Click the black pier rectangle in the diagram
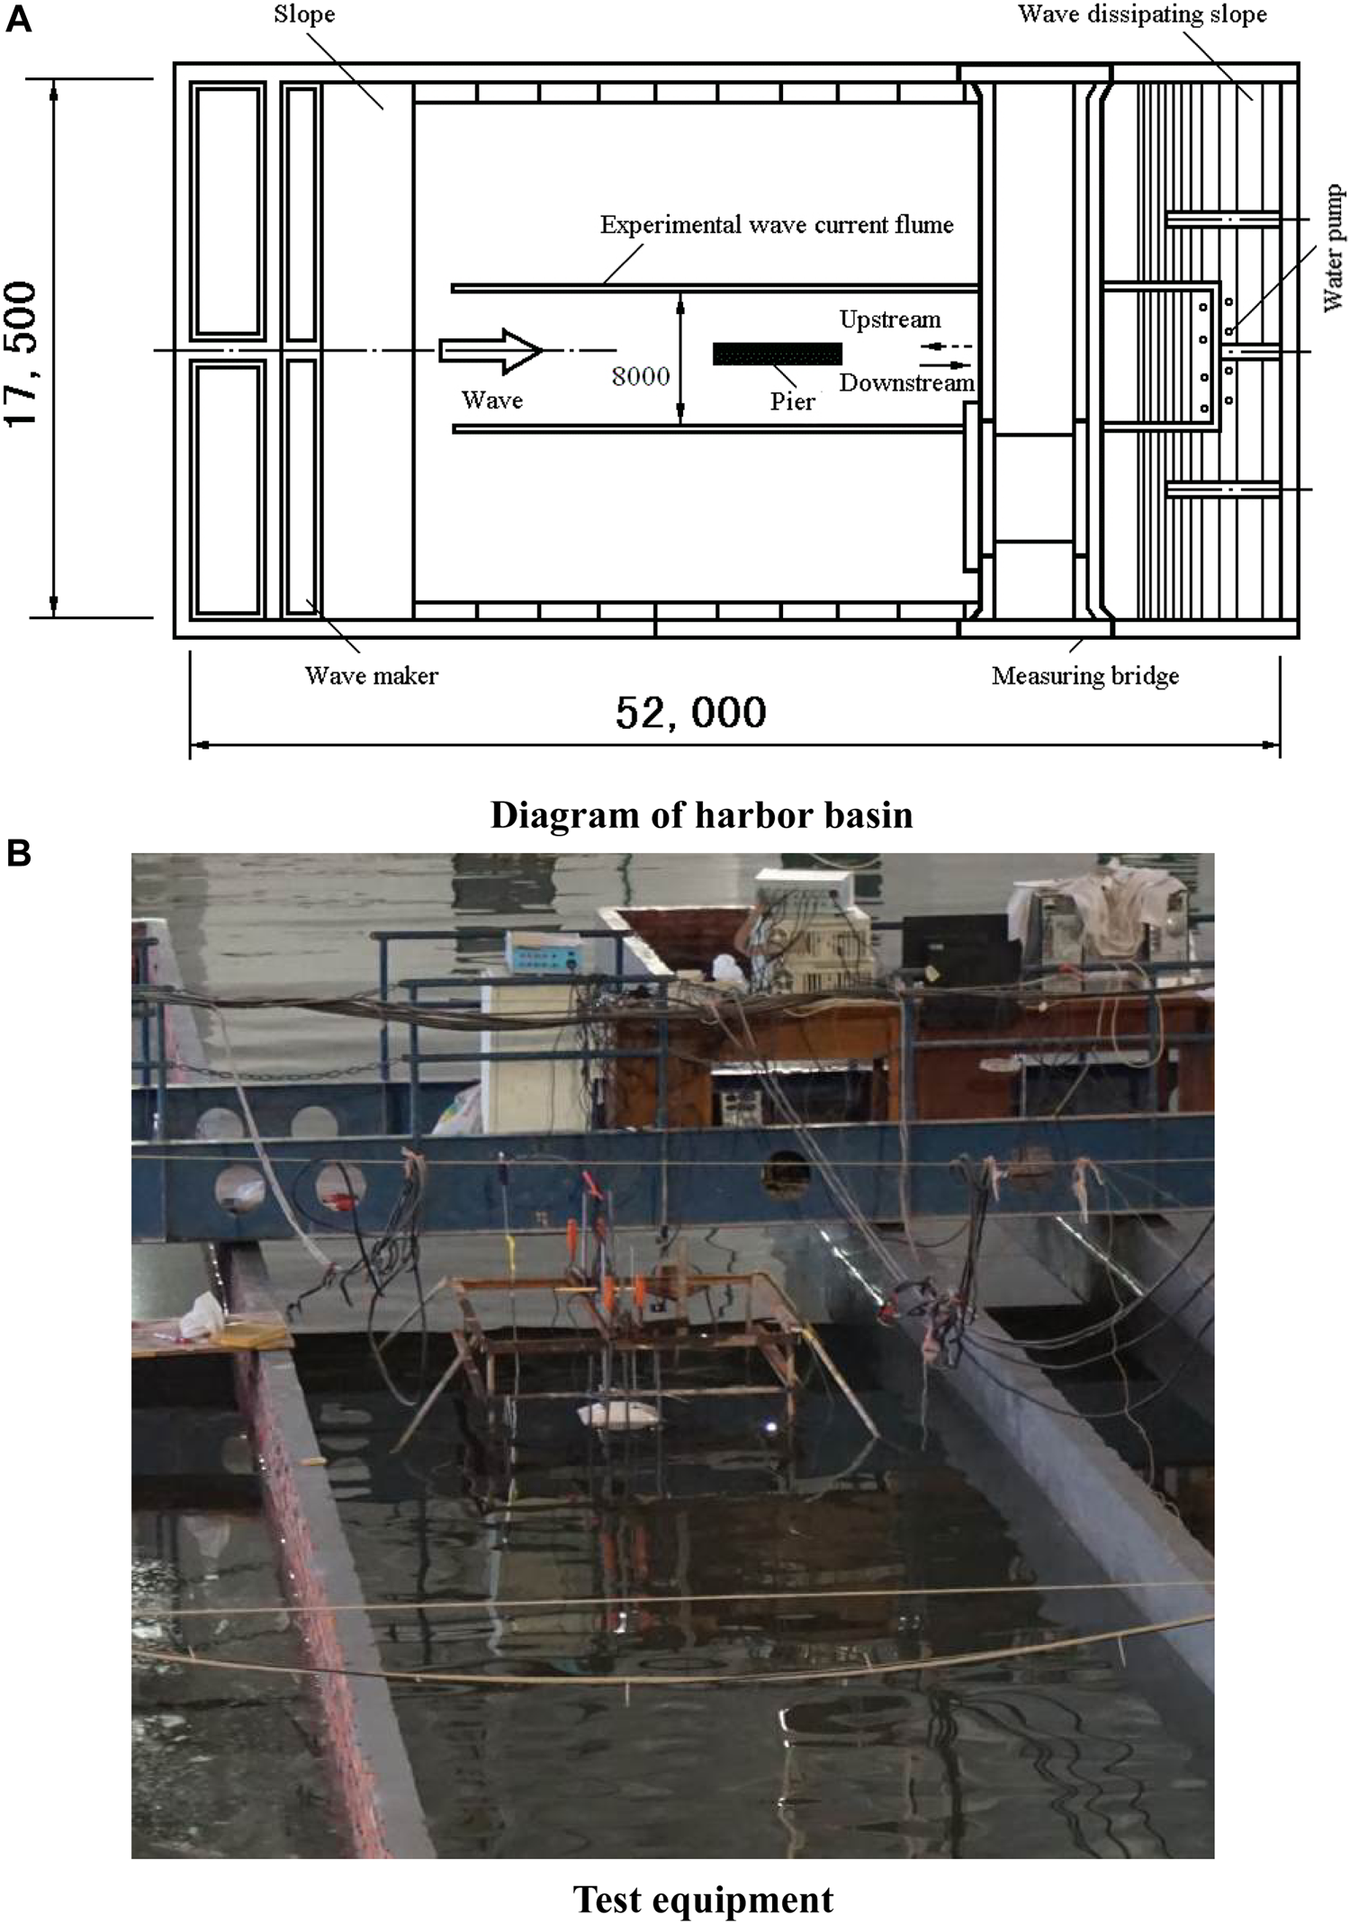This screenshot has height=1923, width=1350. (x=778, y=354)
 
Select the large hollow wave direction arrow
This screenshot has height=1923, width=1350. (x=490, y=351)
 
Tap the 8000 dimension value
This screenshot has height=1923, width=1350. (x=641, y=376)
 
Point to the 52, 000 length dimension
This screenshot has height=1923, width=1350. (x=691, y=712)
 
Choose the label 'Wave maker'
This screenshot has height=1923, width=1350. (x=371, y=675)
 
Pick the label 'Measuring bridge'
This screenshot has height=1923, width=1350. (x=1085, y=676)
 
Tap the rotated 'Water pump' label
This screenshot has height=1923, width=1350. (x=1334, y=248)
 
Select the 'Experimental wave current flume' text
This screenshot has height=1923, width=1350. (x=777, y=224)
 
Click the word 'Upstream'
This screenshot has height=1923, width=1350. (x=890, y=319)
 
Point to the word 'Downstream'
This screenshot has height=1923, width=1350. (x=907, y=382)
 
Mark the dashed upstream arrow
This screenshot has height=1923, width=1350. (x=945, y=346)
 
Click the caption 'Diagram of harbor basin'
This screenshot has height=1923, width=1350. (x=701, y=815)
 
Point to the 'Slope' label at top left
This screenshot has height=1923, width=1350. (x=304, y=15)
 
